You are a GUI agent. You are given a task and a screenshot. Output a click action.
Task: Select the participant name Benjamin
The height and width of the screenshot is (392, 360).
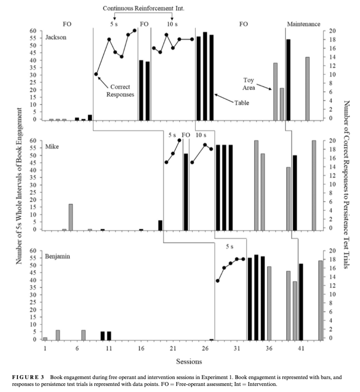click(x=57, y=256)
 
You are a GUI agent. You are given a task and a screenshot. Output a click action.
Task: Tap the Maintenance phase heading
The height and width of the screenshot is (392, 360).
click(x=303, y=24)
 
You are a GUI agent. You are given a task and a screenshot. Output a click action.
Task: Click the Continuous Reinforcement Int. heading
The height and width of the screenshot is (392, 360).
click(x=144, y=8)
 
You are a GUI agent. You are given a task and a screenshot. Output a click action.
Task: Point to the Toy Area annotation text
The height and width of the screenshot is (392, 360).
click(x=249, y=83)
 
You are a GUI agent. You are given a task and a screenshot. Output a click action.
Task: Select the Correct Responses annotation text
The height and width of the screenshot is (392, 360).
click(x=120, y=91)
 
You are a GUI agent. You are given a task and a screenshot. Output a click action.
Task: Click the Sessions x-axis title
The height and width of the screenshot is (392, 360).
click(x=189, y=361)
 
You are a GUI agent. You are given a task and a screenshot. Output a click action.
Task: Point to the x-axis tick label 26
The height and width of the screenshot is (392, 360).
click(x=205, y=348)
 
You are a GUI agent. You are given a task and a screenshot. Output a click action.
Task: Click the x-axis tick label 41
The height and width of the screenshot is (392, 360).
click(x=301, y=348)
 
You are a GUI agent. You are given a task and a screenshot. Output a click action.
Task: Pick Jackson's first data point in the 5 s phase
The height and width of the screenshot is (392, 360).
click(x=96, y=74)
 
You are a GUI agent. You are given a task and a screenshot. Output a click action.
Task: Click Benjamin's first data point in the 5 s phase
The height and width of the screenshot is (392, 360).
click(x=218, y=281)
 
